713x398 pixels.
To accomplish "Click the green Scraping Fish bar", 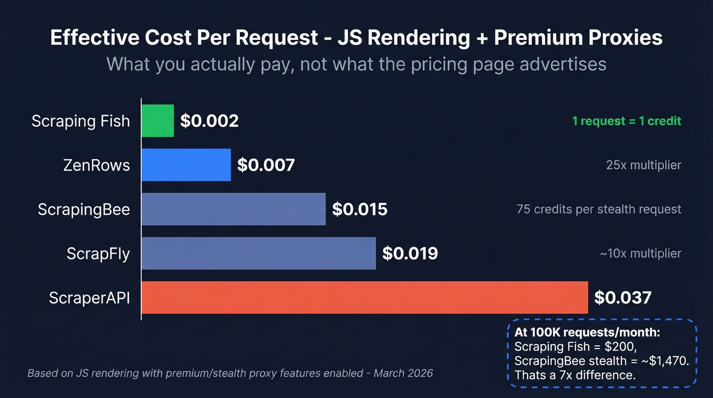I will tap(157, 121).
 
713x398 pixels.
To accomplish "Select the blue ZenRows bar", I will tap(186, 165).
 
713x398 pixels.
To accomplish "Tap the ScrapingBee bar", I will tap(233, 209).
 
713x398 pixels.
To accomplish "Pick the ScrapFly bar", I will tap(258, 253).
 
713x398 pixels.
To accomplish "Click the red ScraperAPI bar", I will tap(364, 297).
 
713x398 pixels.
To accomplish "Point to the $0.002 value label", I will tap(209, 121).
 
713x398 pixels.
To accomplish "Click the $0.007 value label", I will tap(266, 165).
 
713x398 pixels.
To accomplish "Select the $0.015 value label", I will tap(360, 209).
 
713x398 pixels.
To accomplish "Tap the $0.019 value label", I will tap(410, 253).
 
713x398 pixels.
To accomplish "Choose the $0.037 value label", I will tap(623, 297).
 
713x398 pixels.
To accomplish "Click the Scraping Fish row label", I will tap(80, 121).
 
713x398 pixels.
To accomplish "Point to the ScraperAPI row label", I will tap(89, 298).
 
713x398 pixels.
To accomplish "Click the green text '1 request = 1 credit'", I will tap(626, 121).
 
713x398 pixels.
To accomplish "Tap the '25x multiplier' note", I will tap(643, 165).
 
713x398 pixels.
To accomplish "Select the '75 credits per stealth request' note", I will tap(598, 209).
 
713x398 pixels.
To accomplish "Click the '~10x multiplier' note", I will tap(640, 253).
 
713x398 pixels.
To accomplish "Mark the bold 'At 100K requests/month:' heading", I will tap(587, 333).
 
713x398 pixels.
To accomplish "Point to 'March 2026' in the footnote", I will tap(403, 373).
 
